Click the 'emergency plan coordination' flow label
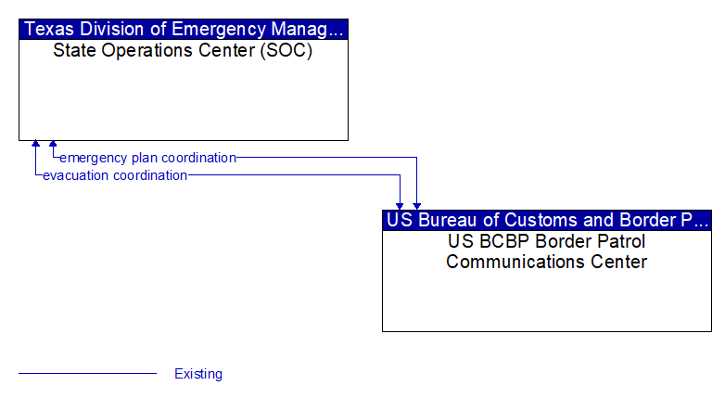pos(148,158)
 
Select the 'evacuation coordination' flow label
pos(115,175)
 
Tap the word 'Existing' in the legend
pos(198,374)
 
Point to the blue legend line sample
pos(87,373)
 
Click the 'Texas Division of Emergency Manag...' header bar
pos(184,29)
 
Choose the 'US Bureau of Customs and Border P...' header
pos(547,220)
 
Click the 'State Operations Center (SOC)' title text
pos(183,50)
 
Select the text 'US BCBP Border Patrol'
pos(546,241)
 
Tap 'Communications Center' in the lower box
pos(546,262)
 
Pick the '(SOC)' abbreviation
pos(286,50)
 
